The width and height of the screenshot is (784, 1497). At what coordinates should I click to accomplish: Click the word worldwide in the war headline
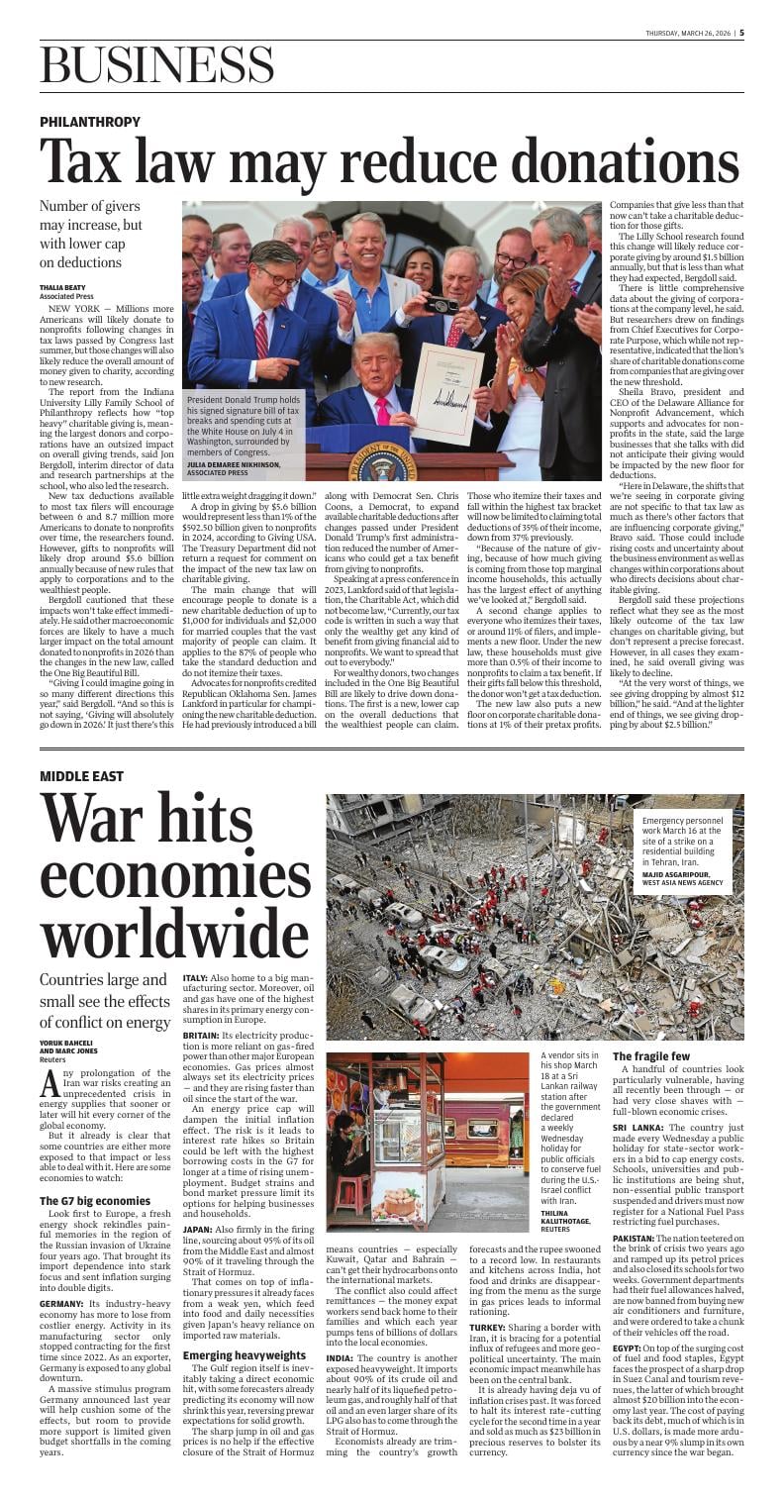coord(174,930)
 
